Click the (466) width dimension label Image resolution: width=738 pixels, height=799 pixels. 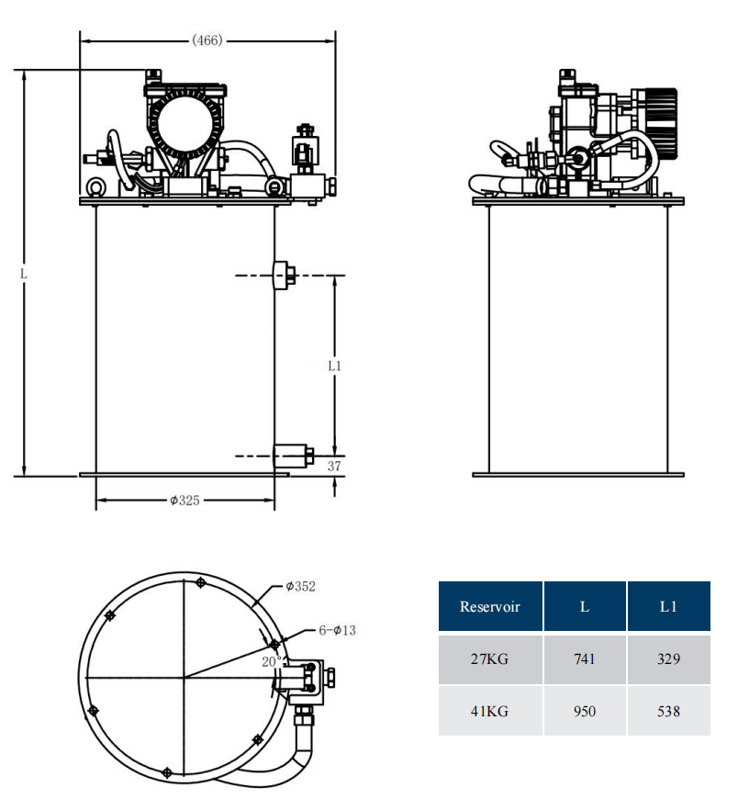[207, 39]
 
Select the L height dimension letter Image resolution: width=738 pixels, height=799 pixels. [24, 274]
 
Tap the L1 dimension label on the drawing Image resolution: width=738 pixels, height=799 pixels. [334, 366]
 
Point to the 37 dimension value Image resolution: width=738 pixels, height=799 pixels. [334, 467]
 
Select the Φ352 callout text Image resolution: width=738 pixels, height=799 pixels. [300, 585]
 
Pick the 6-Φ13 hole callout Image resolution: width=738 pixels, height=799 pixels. [337, 630]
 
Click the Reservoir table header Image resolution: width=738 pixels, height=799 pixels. [489, 606]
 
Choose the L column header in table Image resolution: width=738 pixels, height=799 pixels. [584, 606]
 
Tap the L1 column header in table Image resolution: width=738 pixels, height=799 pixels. [668, 606]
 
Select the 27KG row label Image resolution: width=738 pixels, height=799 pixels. [489, 659]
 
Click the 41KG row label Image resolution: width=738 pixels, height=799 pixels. [489, 711]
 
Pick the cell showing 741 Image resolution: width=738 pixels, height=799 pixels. [584, 659]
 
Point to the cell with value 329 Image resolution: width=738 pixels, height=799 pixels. [668, 659]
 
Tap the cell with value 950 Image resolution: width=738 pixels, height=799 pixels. [584, 711]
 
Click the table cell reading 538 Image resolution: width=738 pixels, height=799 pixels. [668, 711]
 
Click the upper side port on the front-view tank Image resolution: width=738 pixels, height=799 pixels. [284, 275]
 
